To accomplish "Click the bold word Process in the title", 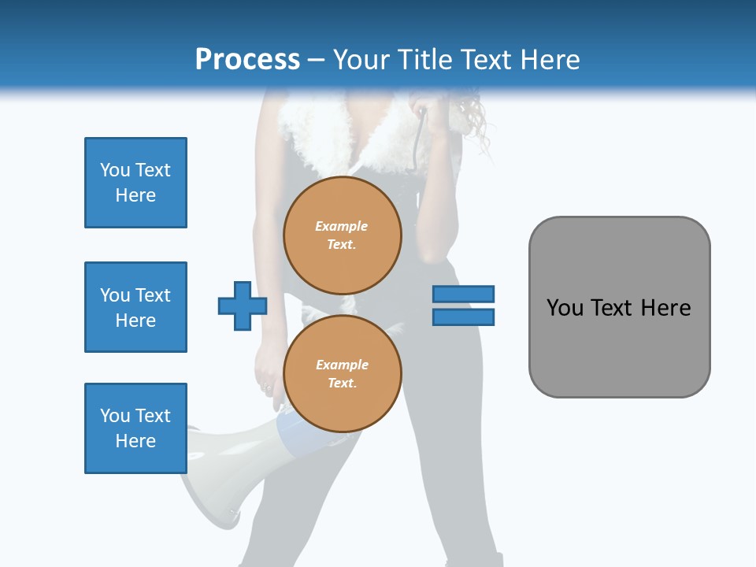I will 247,60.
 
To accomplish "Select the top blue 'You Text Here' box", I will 135,183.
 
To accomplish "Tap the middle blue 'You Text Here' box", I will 135,307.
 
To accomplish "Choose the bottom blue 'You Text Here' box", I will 135,428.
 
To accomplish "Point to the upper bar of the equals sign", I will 463,294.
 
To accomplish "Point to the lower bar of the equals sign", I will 463,317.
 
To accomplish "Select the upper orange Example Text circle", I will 342,235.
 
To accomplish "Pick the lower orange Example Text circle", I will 342,373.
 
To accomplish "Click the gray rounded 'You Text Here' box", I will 619,307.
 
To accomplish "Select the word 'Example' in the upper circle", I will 342,226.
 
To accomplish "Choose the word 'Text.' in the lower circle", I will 342,383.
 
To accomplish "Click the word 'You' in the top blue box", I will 114,170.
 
